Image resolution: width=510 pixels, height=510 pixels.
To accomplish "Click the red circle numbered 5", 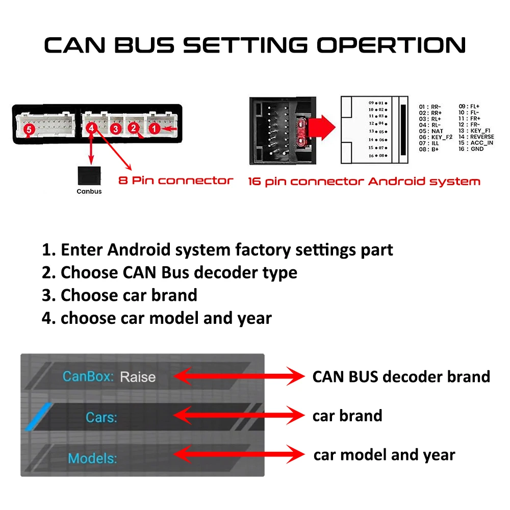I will [29, 130].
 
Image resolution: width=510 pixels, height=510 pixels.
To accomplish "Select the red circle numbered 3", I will [116, 129].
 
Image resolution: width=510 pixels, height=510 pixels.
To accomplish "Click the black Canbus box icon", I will [89, 176].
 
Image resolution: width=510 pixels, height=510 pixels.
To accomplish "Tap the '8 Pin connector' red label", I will [176, 181].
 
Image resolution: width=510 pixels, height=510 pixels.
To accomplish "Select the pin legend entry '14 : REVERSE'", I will [476, 137].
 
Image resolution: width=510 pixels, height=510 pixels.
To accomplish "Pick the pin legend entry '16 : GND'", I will [471, 149].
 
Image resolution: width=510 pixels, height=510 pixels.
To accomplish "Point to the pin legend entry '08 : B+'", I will [429, 149].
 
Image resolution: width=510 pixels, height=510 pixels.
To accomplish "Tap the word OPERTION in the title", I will [391, 45].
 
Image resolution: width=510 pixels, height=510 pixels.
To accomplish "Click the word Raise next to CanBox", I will [138, 377].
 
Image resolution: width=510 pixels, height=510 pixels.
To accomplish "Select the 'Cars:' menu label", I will [101, 417].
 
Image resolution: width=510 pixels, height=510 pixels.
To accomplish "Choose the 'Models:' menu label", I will [92, 458].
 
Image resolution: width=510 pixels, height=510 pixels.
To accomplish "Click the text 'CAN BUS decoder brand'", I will [401, 376].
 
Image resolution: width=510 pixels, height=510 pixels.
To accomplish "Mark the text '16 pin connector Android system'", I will [364, 182].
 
